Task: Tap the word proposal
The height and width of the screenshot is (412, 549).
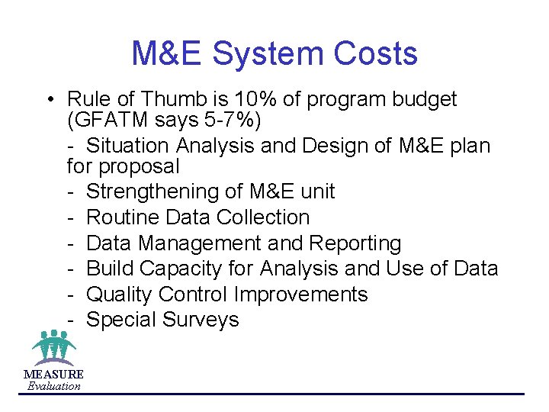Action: [x=141, y=166]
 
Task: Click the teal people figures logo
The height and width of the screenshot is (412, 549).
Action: [x=53, y=348]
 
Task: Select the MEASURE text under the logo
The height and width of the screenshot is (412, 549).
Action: [x=53, y=374]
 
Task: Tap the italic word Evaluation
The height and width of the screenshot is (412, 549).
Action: [x=53, y=386]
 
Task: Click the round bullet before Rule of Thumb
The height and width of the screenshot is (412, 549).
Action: [x=48, y=100]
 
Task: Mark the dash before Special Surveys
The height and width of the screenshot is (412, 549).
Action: [x=70, y=320]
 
